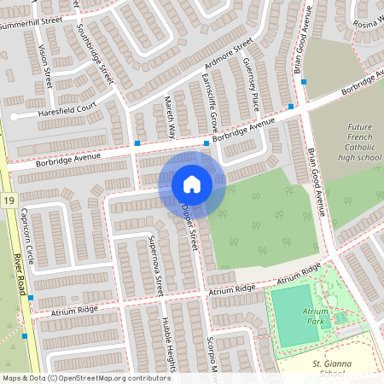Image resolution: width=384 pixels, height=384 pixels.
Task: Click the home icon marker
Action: click(192, 184)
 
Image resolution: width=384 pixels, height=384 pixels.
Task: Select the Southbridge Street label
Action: click(95, 50)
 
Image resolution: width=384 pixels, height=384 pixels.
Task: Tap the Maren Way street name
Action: click(171, 116)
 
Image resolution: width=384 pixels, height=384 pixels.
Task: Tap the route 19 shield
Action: click(8, 200)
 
